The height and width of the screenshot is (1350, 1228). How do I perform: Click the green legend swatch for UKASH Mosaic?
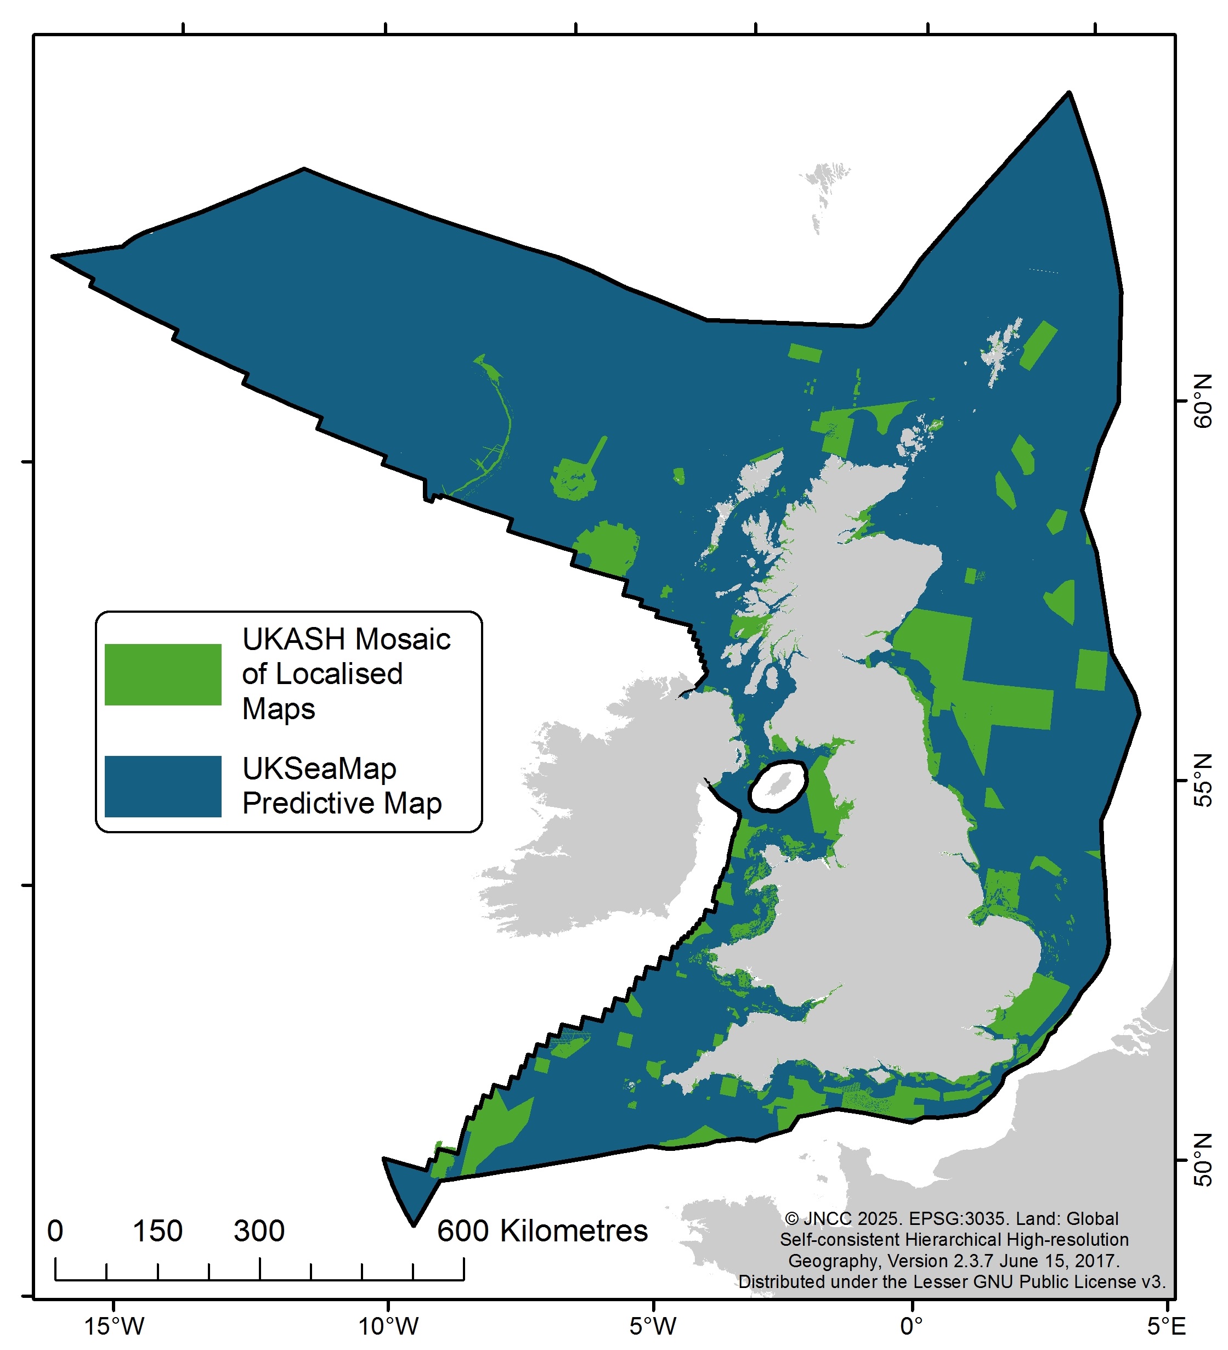163,674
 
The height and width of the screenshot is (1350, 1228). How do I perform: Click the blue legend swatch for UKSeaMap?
163,786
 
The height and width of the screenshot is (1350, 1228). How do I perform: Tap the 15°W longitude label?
114,1325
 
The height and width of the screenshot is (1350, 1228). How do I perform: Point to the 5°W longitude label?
653,1325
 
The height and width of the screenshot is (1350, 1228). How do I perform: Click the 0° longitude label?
912,1325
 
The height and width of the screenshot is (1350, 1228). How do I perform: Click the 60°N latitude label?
1204,401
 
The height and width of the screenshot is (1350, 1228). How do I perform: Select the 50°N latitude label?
1204,1161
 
